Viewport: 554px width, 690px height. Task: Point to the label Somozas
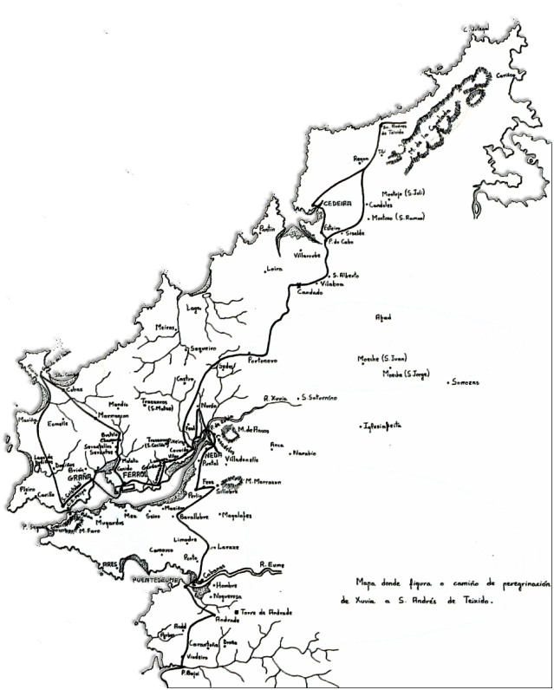tap(466, 382)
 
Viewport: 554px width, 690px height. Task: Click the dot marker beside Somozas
tap(448, 381)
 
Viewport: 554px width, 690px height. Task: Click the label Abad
tap(383, 317)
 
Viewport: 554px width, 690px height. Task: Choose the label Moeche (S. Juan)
tap(382, 358)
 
